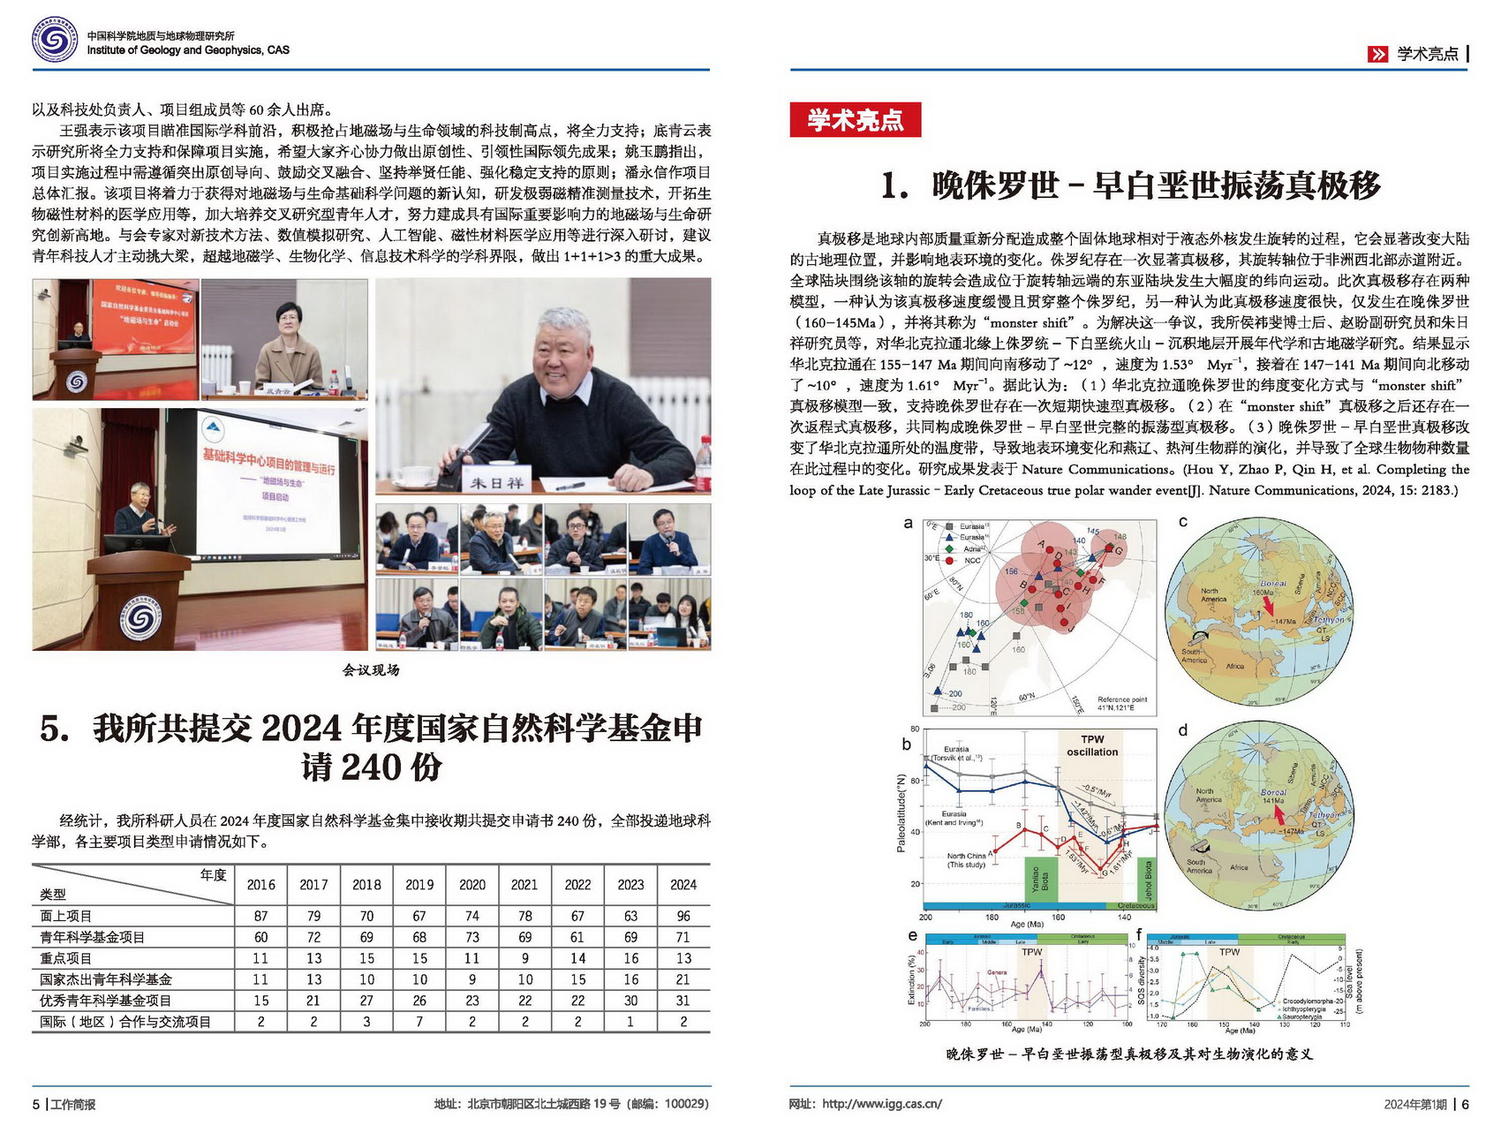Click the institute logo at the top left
pos(55,41)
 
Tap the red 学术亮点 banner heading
pos(855,120)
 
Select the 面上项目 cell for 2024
pos(683,916)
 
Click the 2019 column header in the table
pos(419,884)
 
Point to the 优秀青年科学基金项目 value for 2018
pos(366,1001)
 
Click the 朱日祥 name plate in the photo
pos(496,482)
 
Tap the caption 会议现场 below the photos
pos(371,670)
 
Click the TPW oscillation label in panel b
pos(1092,745)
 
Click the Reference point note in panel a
pos(1121,703)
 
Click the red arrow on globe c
pos(1268,606)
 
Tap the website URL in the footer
pos(881,1104)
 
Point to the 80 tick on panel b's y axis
pos(915,729)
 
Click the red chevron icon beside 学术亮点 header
pos(1377,55)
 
